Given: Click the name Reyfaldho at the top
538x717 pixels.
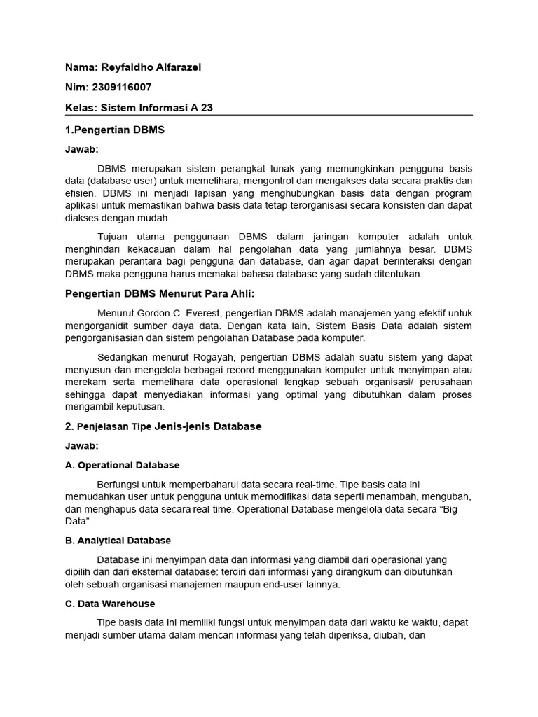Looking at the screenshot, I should tap(126, 67).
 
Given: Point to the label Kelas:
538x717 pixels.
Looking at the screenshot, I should tap(81, 108).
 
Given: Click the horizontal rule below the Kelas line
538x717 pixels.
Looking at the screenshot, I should tap(269, 116).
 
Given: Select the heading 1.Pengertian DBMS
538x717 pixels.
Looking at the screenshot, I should tap(115, 130).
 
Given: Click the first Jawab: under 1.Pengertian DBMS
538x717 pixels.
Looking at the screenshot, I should tap(82, 149).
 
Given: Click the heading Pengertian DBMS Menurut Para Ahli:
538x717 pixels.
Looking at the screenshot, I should tap(160, 293).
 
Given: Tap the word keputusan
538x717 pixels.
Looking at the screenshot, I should tap(140, 406).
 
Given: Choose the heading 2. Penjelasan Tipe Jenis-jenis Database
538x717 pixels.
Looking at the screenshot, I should tap(163, 426).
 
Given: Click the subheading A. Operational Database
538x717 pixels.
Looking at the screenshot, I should tap(123, 465).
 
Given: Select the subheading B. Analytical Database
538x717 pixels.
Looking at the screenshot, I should tap(118, 541).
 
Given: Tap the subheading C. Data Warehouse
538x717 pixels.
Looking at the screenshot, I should tap(110, 604).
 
